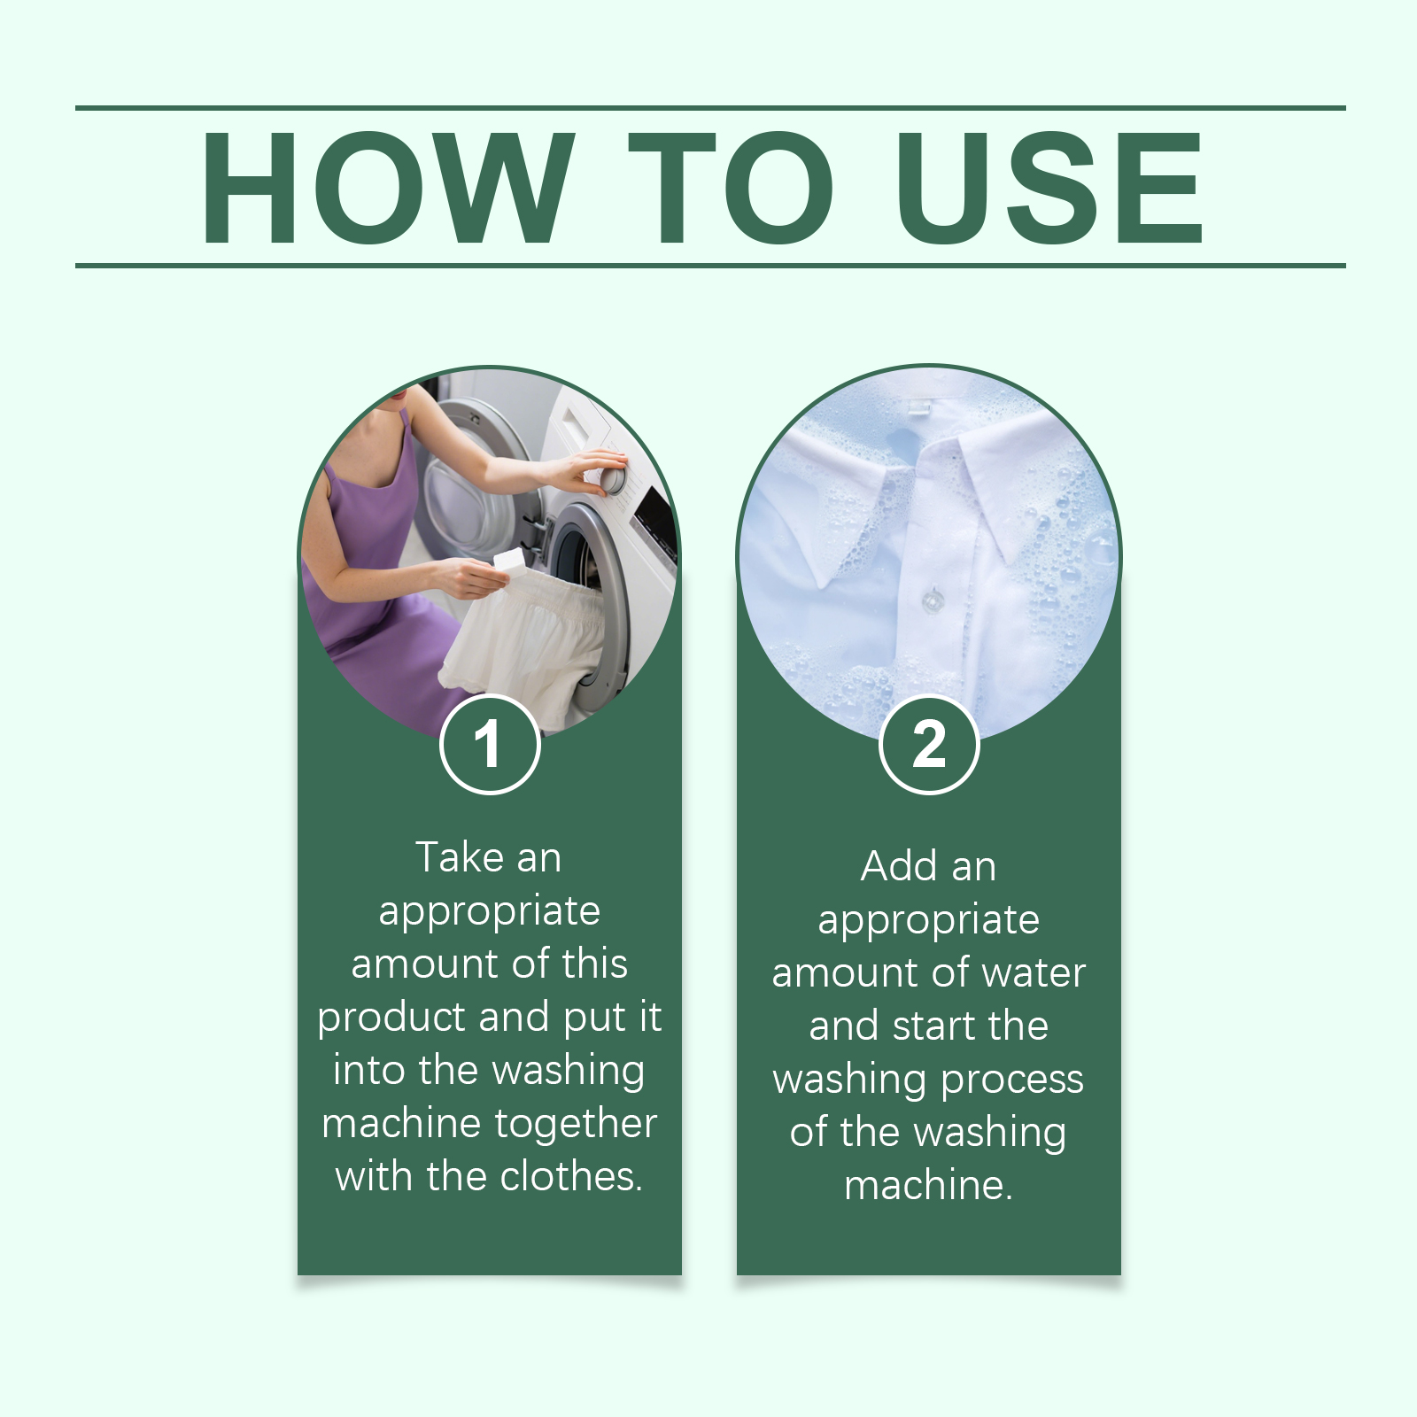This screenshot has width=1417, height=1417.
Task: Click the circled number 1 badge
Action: click(490, 745)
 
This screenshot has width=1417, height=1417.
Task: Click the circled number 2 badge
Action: click(929, 745)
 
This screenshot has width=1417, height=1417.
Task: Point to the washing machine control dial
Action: click(612, 478)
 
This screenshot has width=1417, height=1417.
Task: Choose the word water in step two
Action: click(1034, 973)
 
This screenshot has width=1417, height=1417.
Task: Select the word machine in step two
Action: click(929, 1186)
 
